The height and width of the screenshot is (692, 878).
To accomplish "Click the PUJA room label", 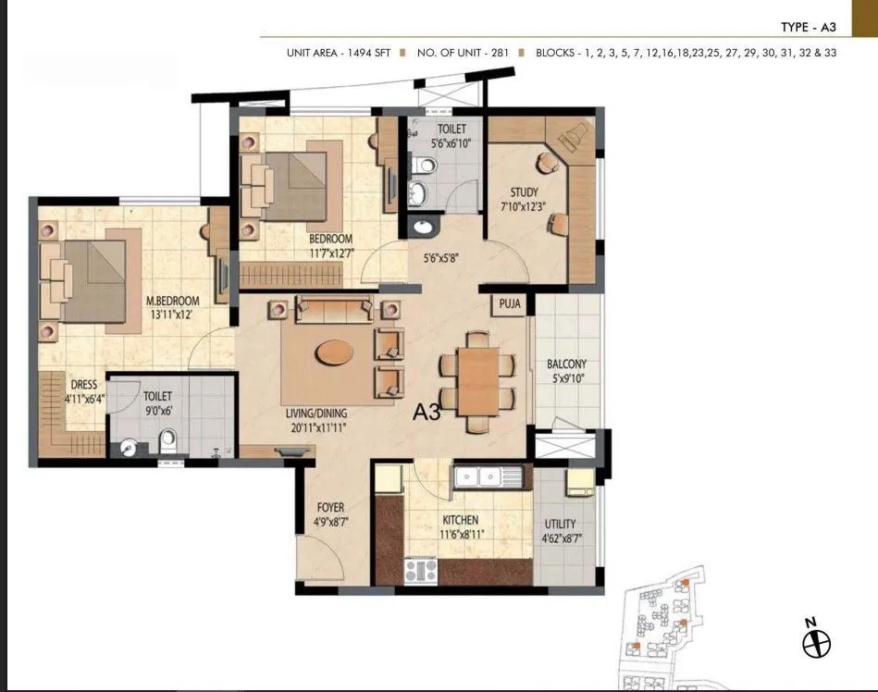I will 509,303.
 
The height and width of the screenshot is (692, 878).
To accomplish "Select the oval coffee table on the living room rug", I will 333,352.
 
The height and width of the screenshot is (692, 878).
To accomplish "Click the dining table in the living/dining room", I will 477,381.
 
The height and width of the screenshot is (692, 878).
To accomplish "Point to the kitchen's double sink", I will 488,477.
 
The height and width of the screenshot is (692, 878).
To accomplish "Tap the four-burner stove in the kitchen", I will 421,570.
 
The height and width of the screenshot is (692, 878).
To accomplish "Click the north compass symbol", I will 817,641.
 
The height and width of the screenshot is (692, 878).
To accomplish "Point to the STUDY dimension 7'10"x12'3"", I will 524,205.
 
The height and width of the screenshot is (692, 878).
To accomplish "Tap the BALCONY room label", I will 566,365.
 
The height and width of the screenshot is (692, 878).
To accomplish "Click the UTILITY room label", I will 560,525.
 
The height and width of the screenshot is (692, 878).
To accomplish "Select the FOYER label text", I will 330,508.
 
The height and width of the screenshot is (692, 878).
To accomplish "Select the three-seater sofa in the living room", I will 334,309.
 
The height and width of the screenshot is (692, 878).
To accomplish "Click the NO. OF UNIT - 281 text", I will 463,53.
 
